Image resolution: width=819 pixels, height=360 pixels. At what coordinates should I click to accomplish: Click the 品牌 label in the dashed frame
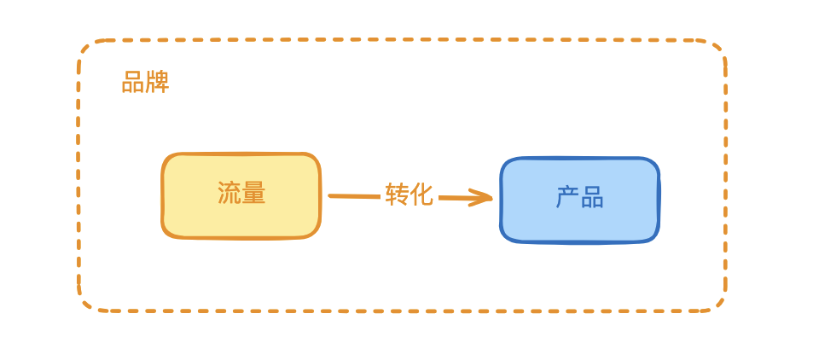145,82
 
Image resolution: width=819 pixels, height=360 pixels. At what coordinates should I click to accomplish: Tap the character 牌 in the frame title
158,82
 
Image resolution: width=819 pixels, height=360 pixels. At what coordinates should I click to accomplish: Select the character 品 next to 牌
133,82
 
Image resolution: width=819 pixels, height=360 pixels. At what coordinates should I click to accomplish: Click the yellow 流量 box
241,195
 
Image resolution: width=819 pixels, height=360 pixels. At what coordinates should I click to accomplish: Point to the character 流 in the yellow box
229,194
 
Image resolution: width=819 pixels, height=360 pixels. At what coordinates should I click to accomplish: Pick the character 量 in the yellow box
253,194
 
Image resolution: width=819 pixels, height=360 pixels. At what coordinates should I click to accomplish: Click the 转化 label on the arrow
409,195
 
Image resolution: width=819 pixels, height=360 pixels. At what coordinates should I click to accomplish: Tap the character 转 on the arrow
397,195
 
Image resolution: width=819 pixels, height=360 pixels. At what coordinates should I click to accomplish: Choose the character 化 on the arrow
421,195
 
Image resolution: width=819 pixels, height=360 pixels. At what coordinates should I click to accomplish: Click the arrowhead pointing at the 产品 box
487,199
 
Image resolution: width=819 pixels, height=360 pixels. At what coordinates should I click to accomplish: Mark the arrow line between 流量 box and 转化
354,196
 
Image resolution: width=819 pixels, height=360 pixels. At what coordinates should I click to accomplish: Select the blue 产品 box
579,200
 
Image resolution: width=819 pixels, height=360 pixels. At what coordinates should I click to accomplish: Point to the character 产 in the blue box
567,198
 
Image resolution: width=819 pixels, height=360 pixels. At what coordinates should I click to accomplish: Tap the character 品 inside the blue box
592,198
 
